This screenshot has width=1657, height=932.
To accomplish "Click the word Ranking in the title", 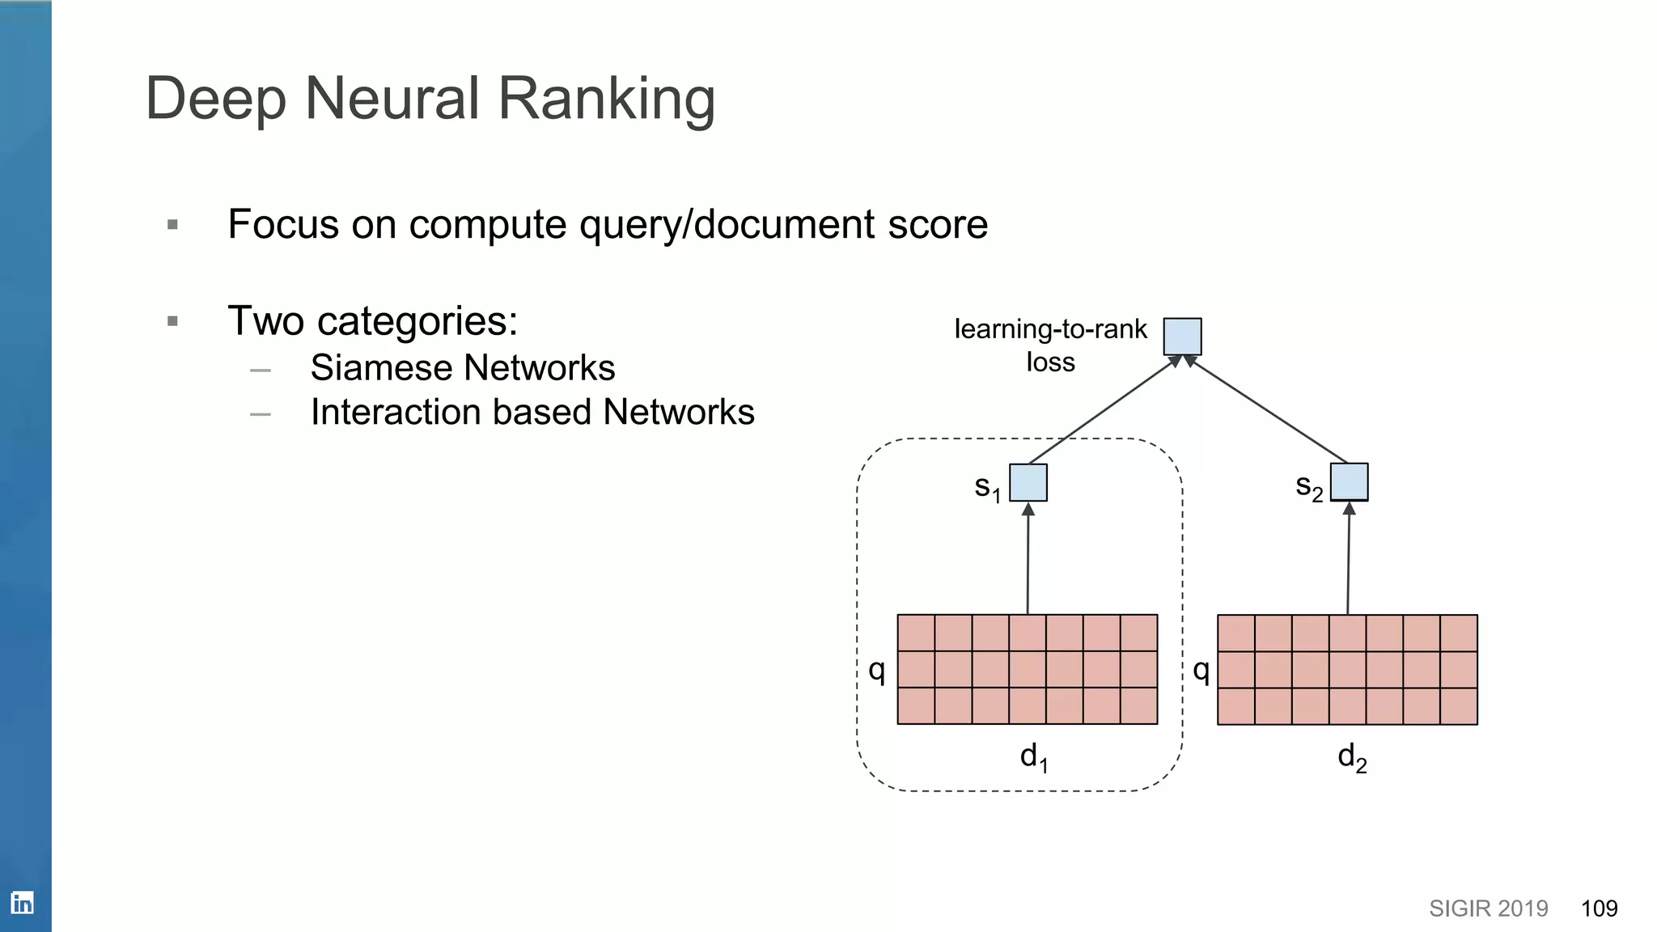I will click(606, 99).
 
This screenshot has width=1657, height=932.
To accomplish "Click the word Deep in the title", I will click(216, 99).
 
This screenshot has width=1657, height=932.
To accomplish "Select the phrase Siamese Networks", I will click(462, 368).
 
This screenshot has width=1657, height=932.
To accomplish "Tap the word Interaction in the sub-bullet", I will click(395, 413).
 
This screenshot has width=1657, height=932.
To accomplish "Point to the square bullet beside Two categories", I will click(172, 321).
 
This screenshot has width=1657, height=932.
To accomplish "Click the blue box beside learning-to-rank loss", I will click(1182, 337).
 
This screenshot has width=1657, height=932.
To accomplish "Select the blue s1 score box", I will click(1028, 483).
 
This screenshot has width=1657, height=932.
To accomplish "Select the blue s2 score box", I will click(1349, 482).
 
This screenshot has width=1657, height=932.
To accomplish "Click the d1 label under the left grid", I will click(1033, 757).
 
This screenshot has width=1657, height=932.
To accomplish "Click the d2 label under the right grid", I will click(1352, 758).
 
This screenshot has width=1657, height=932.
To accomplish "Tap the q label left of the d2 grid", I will click(1201, 670).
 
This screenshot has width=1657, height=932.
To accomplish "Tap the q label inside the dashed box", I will click(876, 670).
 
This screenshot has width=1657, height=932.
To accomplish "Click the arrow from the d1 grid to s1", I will click(1028, 558).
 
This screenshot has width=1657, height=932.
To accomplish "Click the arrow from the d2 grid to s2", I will click(1348, 558).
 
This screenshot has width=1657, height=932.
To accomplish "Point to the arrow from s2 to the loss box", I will click(1269, 410).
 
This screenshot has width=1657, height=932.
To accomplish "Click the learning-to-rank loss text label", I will click(1050, 345).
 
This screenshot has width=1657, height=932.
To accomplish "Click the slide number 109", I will click(1599, 909).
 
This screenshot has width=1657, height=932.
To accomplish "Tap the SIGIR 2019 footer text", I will click(1488, 909).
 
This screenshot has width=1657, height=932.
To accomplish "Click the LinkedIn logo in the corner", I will click(22, 903).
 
